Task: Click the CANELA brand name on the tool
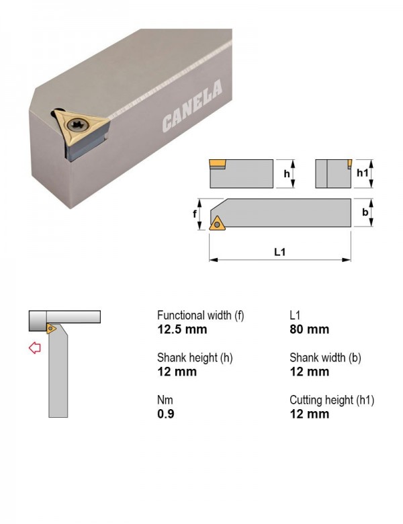pyautogui.click(x=192, y=105)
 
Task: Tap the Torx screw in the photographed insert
pyautogui.click(x=77, y=126)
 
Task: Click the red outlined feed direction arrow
pyautogui.click(x=35, y=348)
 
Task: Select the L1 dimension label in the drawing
pyautogui.click(x=279, y=252)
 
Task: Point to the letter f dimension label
pyautogui.click(x=195, y=214)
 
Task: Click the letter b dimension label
pyautogui.click(x=365, y=212)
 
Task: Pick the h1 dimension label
pyautogui.click(x=363, y=173)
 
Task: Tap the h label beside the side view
pyautogui.click(x=287, y=174)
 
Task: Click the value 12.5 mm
pyautogui.click(x=182, y=329)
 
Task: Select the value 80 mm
pyautogui.click(x=310, y=329)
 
